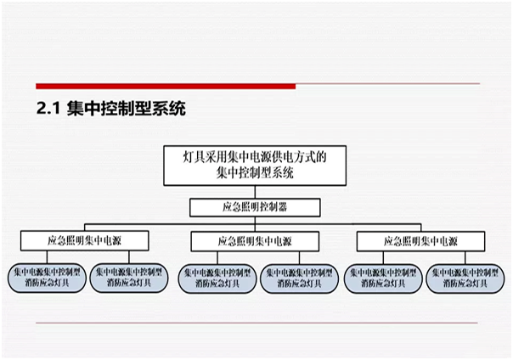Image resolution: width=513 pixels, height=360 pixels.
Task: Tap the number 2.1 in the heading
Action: pos(46,110)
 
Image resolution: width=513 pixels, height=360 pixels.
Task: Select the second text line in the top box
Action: pos(255,172)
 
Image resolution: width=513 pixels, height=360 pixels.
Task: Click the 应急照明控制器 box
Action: pos(256,207)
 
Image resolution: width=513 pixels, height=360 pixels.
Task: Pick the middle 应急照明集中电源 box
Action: pos(254,242)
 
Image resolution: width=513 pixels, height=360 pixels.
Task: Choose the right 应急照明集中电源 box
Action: pos(420,242)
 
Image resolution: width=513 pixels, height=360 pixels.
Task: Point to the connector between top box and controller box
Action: pos(256,192)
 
